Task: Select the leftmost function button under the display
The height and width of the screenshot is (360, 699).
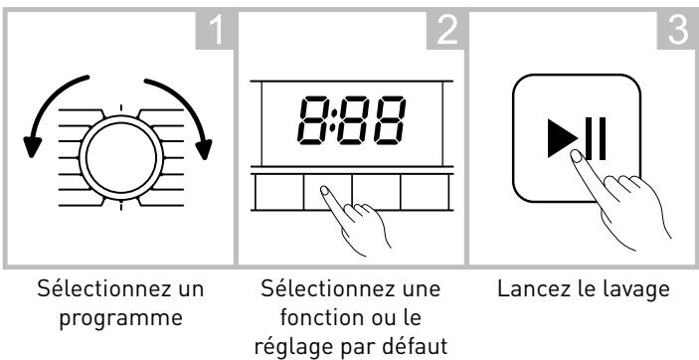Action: click(x=278, y=193)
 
